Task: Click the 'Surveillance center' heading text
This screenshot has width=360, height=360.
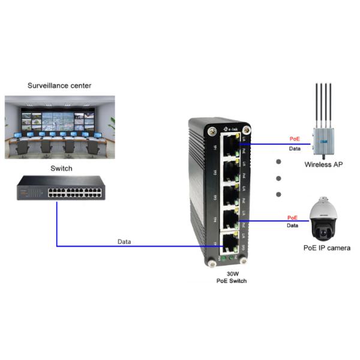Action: pos(59,86)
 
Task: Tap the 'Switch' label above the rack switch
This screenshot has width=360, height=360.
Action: pos(60,169)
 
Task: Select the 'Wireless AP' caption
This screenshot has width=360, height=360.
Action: pos(323,164)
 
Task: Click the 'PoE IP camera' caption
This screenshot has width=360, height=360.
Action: pos(326,247)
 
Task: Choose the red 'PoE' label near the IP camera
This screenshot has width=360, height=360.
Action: pos(292,218)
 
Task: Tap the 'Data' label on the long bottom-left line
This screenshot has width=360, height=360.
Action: pos(125,241)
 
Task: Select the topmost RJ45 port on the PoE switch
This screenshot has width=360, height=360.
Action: pos(229,145)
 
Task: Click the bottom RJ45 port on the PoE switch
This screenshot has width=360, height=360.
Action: pos(229,242)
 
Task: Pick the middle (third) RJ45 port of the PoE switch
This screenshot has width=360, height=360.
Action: pos(229,194)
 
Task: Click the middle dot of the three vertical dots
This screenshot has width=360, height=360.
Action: pos(278,178)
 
